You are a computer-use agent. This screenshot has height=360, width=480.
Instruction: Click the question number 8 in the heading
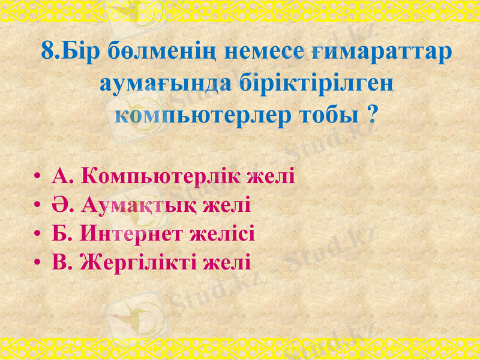pos(49,50)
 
